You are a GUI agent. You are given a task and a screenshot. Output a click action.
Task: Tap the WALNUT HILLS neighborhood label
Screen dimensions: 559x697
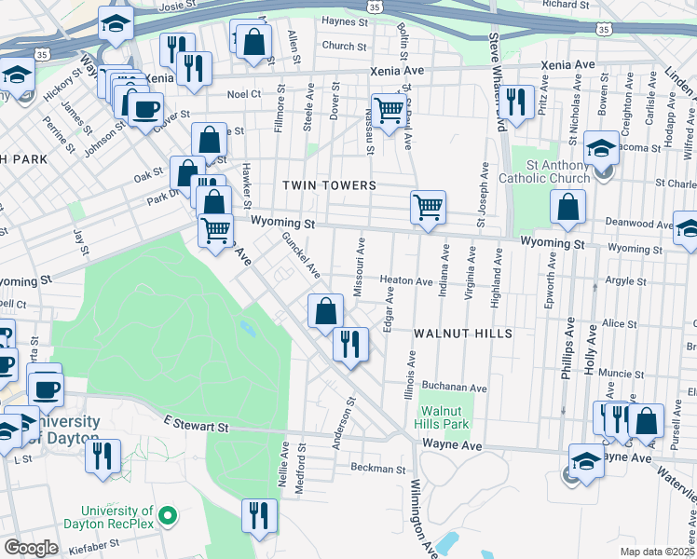coord(463,334)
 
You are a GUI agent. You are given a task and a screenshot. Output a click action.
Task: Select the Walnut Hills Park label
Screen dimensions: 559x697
coord(441,416)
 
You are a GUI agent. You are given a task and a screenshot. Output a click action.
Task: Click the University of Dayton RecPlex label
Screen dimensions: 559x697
coord(116,517)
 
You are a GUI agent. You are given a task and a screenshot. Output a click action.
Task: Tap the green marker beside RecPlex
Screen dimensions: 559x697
coord(168,514)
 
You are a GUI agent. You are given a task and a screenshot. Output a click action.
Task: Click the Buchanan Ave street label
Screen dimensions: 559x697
coord(454,388)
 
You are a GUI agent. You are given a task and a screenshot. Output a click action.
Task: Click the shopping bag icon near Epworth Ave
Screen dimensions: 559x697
coord(567,208)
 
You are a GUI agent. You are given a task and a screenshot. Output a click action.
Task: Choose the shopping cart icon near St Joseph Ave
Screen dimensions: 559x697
coord(428,207)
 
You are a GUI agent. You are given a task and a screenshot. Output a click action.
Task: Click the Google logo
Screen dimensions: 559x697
coord(31,547)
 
